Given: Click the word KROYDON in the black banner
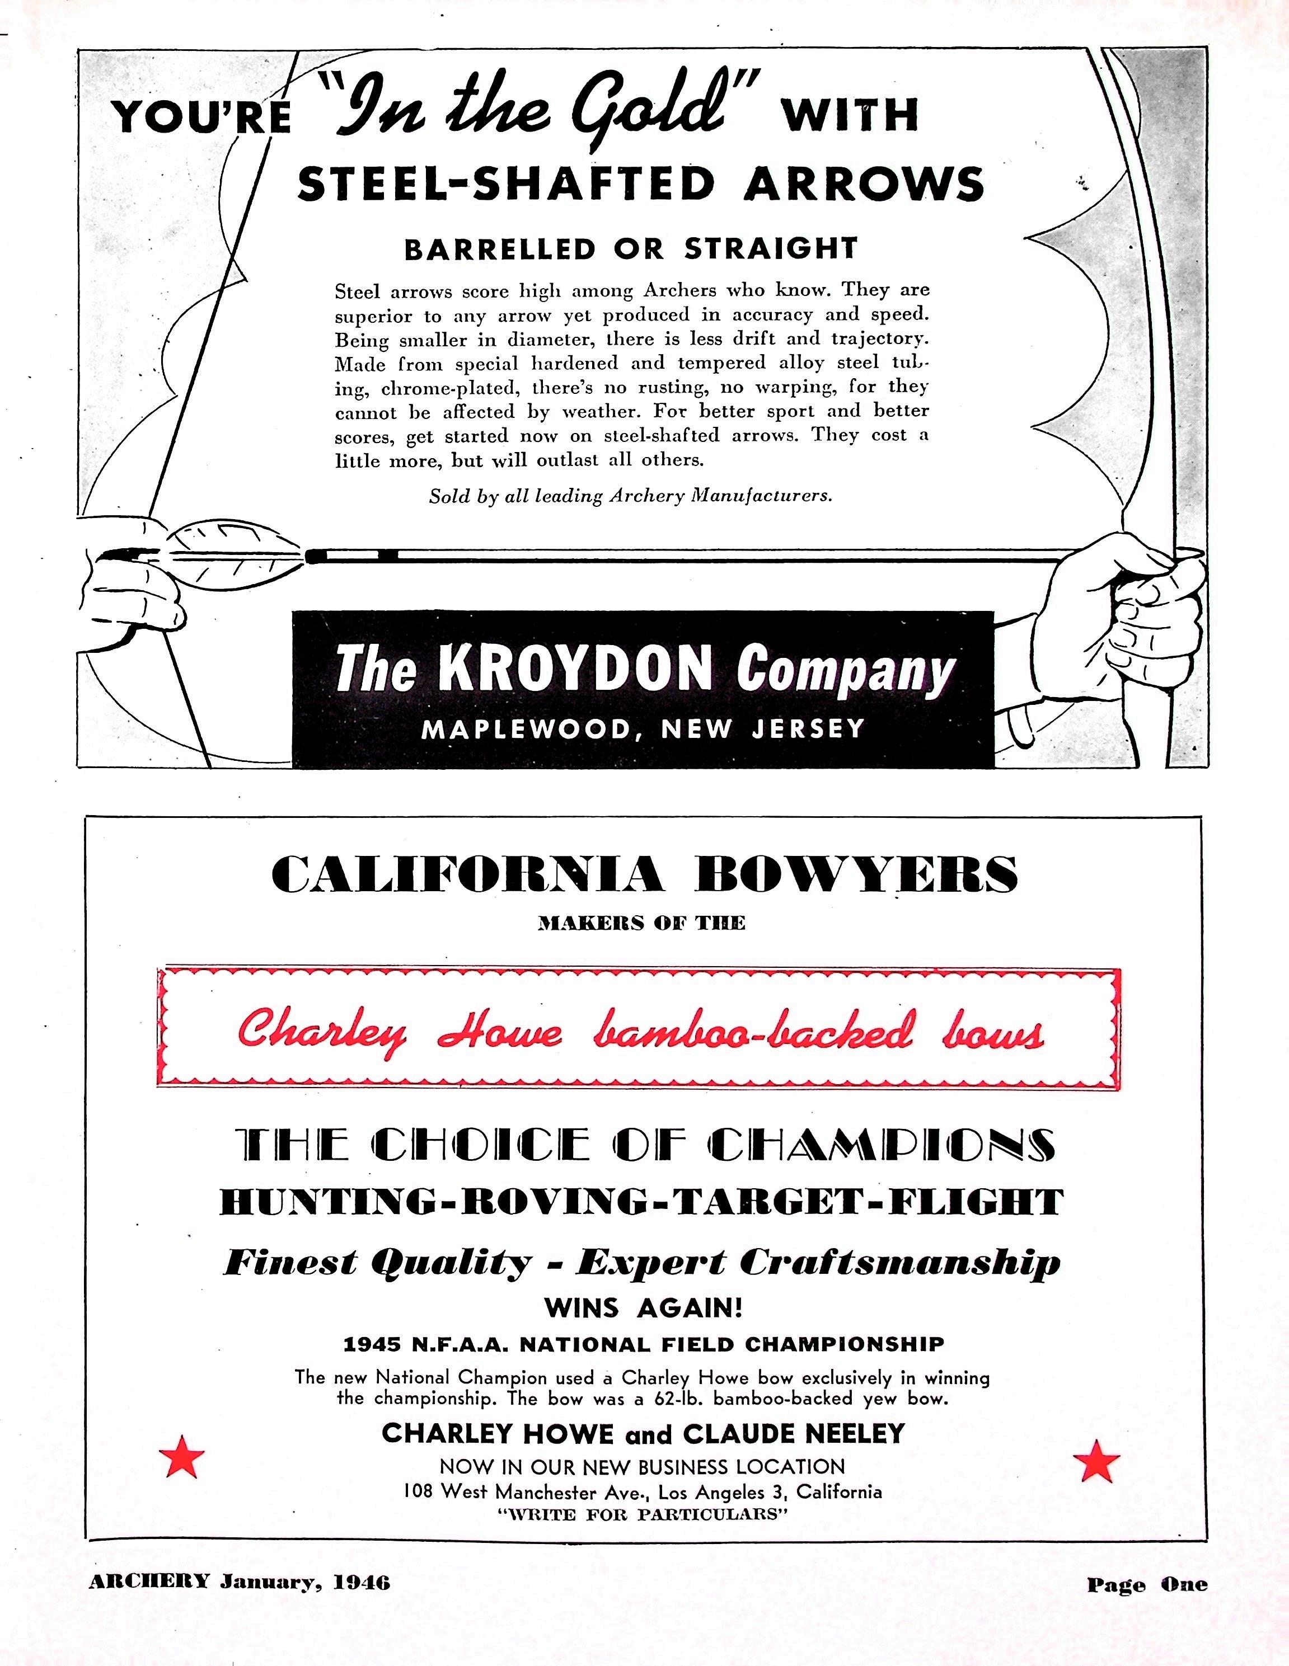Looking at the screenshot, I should pyautogui.click(x=576, y=669).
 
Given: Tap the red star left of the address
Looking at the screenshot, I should pyautogui.click(x=182, y=1458).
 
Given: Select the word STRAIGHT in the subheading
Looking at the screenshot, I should pyautogui.click(x=771, y=249).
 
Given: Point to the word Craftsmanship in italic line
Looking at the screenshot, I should pyautogui.click(x=900, y=1263).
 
